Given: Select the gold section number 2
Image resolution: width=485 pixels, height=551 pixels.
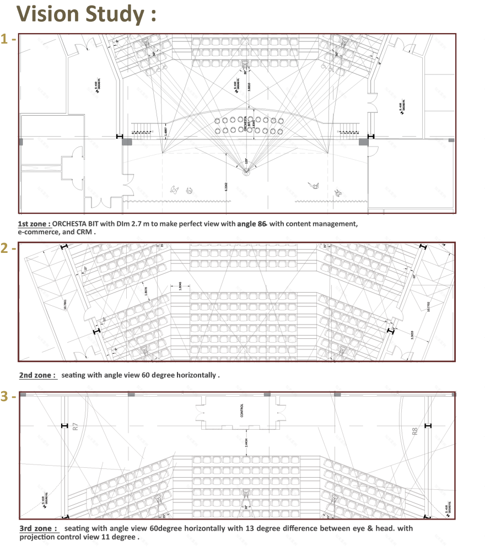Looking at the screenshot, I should point(5,249).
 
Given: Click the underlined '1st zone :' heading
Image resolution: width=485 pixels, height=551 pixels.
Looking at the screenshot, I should point(34,224).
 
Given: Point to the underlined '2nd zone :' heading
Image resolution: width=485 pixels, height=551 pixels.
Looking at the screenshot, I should point(37,375).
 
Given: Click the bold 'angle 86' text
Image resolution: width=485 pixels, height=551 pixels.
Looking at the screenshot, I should point(252,224).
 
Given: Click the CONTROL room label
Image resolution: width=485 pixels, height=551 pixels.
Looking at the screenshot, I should point(241,410).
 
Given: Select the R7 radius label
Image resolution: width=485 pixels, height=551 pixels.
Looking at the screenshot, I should point(75,426).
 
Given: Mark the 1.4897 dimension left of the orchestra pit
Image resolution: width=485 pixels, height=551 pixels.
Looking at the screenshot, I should point(165,131).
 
